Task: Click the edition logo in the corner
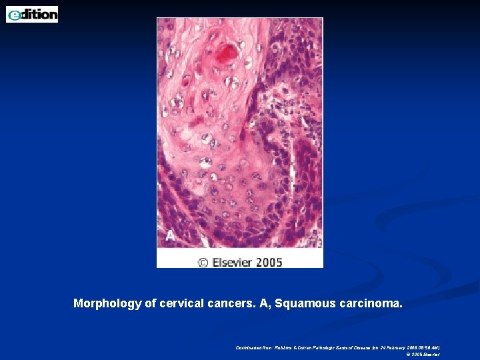point(32,14)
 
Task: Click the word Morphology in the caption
point(107,304)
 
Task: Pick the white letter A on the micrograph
point(170,235)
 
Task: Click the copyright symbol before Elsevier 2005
point(203,262)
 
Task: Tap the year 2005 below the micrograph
point(269,262)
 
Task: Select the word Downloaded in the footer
point(247,347)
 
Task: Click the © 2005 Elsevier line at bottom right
point(423,355)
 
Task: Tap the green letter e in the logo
point(14,15)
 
